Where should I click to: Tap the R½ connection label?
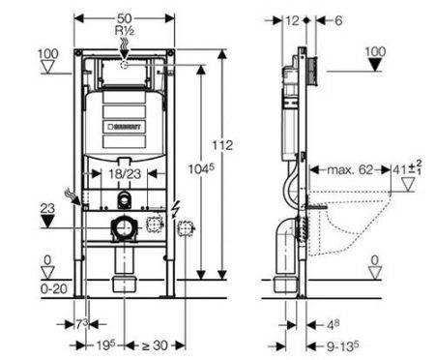pyautogui.click(x=125, y=31)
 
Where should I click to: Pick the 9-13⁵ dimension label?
pyautogui.click(x=340, y=345)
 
